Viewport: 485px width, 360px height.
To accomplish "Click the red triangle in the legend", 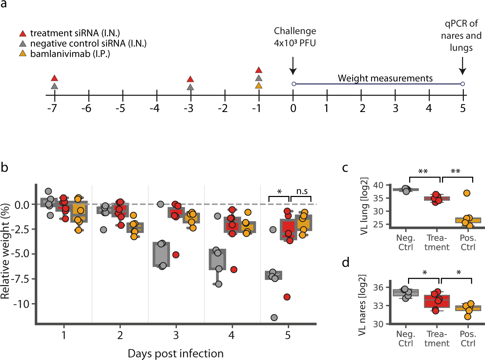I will [x=23, y=34].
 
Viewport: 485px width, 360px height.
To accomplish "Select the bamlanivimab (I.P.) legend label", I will [x=70, y=54].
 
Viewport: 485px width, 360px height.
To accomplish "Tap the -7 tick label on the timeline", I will [x=52, y=109].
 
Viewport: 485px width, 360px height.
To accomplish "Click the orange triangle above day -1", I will [x=259, y=85].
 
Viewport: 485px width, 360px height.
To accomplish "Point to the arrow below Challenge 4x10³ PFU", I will [x=293, y=66].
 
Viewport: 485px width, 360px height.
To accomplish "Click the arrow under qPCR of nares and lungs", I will [x=462, y=66].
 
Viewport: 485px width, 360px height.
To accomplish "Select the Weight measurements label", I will [x=385, y=78].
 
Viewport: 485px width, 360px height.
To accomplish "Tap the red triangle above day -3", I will [x=190, y=79].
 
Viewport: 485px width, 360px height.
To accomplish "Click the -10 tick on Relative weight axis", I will [x=22, y=304].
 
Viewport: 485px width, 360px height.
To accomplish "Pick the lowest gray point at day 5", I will [x=274, y=317].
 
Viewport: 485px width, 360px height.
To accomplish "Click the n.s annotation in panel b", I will [x=302, y=191].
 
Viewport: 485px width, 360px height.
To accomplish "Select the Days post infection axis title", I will [x=175, y=353].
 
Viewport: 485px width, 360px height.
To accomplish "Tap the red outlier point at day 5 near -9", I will [x=287, y=297].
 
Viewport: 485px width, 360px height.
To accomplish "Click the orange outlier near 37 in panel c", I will [x=467, y=193].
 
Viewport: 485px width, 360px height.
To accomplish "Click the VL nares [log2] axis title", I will [x=362, y=305].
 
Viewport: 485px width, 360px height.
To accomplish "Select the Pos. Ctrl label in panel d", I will [x=468, y=338].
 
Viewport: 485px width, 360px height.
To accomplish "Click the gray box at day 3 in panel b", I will [x=161, y=254].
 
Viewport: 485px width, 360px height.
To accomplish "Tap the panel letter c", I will [x=345, y=168].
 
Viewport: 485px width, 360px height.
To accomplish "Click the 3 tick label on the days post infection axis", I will [x=176, y=335].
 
